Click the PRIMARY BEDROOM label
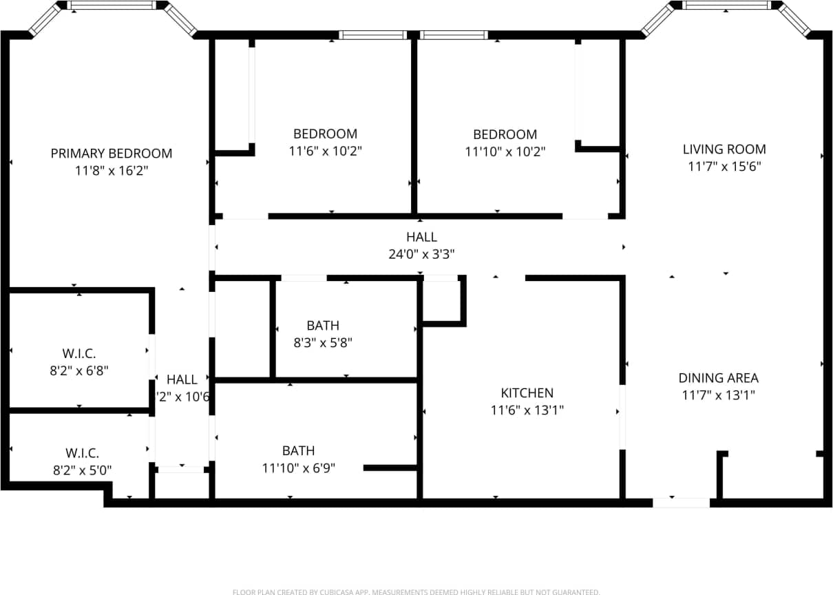coord(112,154)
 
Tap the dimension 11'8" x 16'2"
coord(112,171)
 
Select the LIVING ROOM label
coord(724,149)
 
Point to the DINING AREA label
coord(718,378)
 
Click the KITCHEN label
coord(527,393)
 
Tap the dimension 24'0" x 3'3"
coord(421,254)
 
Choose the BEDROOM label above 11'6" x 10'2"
coord(325,134)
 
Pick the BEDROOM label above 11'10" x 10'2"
coord(505,134)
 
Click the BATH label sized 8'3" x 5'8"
coord(323,326)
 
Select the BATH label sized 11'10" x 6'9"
coord(298,451)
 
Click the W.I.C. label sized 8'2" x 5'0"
coord(83,453)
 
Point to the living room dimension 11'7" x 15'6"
coord(724,167)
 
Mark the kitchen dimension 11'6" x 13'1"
coord(527,410)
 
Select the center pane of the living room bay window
coord(726,5)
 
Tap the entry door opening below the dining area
coord(681,503)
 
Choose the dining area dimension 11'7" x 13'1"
coord(718,395)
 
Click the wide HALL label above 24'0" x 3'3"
coord(421,237)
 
